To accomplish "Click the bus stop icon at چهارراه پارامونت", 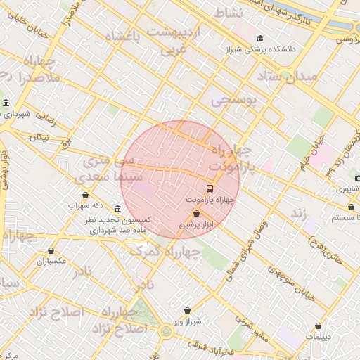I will click(210, 188).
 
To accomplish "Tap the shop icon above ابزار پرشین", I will click(196, 213).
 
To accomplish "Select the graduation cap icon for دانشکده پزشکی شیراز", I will click(260, 39).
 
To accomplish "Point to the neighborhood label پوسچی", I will click(234, 101).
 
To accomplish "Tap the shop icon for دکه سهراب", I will click(85, 195).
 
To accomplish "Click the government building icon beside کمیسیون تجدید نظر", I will click(117, 210).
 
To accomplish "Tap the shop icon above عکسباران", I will click(51, 250).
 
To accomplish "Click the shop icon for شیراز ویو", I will click(187, 310).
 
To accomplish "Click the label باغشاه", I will click(126, 36).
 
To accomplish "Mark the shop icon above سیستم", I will click(351, 207).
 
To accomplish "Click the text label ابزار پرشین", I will click(197, 225).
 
